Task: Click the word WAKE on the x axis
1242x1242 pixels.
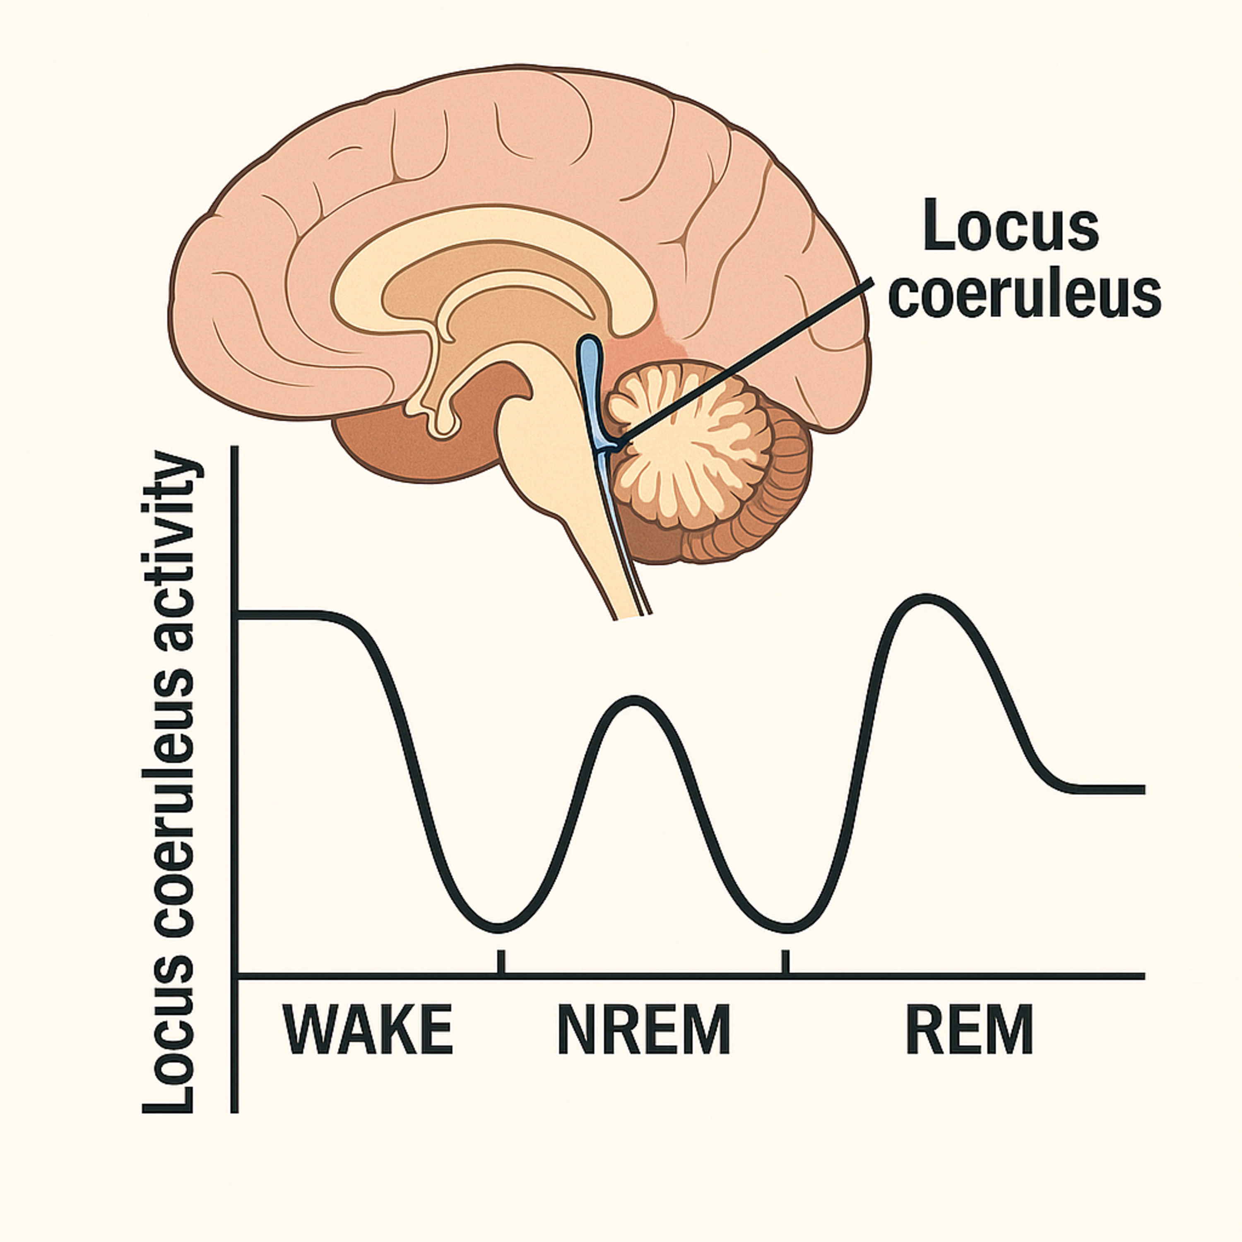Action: pos(368,1030)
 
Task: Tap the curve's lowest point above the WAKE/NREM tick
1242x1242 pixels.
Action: pos(500,928)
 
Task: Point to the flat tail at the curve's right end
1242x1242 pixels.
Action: pos(1106,789)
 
